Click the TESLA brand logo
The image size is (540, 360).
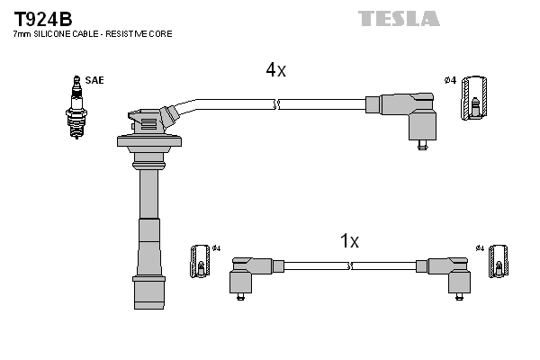399,18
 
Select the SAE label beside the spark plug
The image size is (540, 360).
95,80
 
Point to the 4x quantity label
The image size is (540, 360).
275,70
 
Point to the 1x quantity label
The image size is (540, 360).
349,241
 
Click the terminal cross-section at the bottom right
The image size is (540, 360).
498,265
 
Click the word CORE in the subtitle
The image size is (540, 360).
161,33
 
